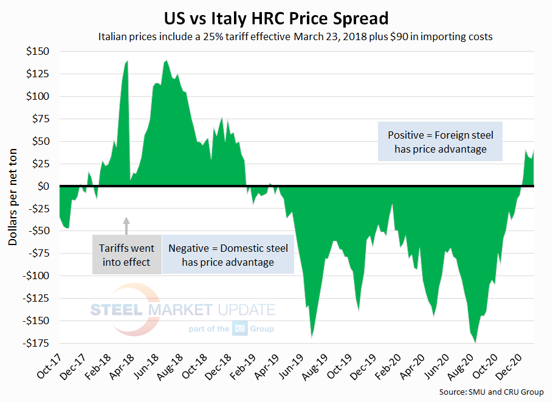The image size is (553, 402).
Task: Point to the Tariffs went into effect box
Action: (127, 255)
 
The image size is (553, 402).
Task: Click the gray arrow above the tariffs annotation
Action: (127, 225)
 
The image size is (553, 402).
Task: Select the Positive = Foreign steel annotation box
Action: (440, 142)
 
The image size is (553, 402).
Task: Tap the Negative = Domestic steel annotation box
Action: (228, 255)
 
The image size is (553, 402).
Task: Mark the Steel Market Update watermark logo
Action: (182, 316)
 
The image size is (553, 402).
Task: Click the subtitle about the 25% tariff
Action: (295, 36)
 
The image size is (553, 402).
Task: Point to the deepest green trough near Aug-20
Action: (475, 342)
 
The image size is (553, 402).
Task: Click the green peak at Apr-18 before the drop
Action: (127, 61)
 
